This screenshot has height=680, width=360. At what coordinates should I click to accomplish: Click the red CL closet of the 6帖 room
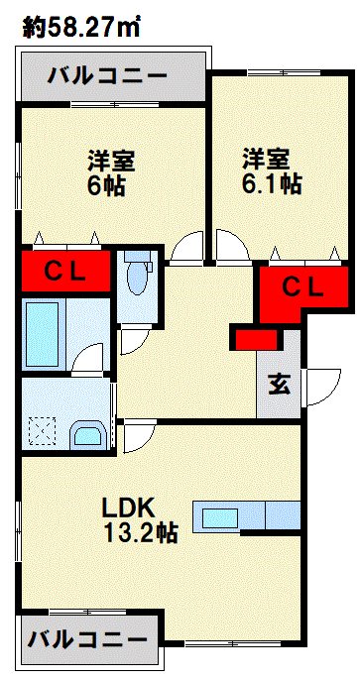(x=64, y=270)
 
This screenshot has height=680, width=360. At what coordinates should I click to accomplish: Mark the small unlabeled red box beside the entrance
(x=256, y=338)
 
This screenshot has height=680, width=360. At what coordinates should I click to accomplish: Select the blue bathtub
(x=48, y=324)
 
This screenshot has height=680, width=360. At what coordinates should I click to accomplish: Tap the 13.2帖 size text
(x=141, y=533)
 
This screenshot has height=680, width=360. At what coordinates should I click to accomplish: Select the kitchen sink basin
(x=220, y=517)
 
